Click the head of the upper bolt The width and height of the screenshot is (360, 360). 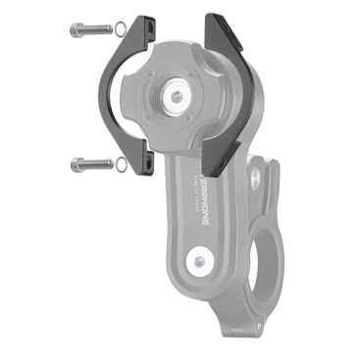tap(77, 29)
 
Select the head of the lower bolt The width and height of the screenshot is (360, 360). tap(77, 163)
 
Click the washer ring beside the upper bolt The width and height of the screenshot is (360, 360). tap(120, 28)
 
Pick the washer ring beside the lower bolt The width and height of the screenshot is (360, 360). tap(120, 164)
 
